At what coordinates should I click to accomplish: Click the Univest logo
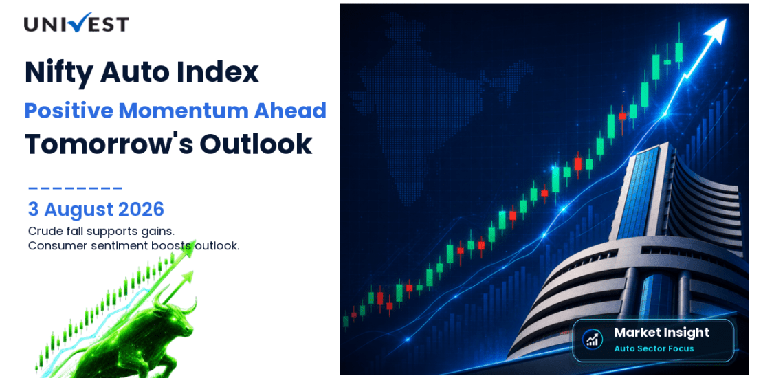tap(76, 23)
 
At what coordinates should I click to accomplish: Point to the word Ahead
tap(290, 111)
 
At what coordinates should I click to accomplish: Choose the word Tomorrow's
tap(109, 144)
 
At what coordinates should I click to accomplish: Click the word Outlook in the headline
tap(256, 144)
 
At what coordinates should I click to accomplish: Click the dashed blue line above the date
tap(75, 188)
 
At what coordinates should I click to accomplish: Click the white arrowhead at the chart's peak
tap(716, 32)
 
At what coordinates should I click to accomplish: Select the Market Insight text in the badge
tap(661, 333)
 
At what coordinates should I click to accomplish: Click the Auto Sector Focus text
tap(654, 348)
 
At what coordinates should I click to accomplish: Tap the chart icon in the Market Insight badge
tap(593, 339)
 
